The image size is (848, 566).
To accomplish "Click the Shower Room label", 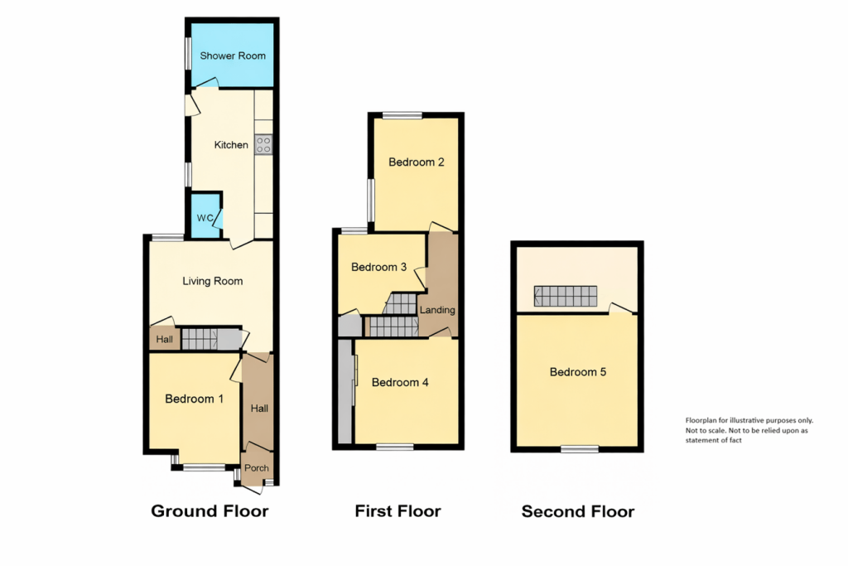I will [233, 56].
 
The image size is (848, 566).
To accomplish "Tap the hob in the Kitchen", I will [264, 145].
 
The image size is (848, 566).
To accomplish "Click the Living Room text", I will [213, 281].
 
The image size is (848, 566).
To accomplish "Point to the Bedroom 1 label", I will [195, 399].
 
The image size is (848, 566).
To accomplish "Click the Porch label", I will [257, 468].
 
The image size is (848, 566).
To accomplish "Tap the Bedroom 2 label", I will [417, 162].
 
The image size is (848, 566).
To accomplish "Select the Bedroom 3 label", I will [378, 267].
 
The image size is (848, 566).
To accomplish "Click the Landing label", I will [437, 310].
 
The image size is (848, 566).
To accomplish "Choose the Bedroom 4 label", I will [400, 382].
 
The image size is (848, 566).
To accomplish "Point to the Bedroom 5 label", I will [578, 372].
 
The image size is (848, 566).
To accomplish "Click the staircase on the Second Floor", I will [566, 296].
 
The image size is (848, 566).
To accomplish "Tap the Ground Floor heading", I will [210, 511].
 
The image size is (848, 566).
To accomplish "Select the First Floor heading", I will [397, 511].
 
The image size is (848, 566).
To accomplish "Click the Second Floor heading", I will [578, 512].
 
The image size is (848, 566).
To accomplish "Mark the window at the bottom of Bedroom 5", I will [579, 449].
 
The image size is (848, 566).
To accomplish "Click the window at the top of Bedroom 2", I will [402, 114].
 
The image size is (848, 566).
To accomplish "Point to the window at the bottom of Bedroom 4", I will [395, 447].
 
